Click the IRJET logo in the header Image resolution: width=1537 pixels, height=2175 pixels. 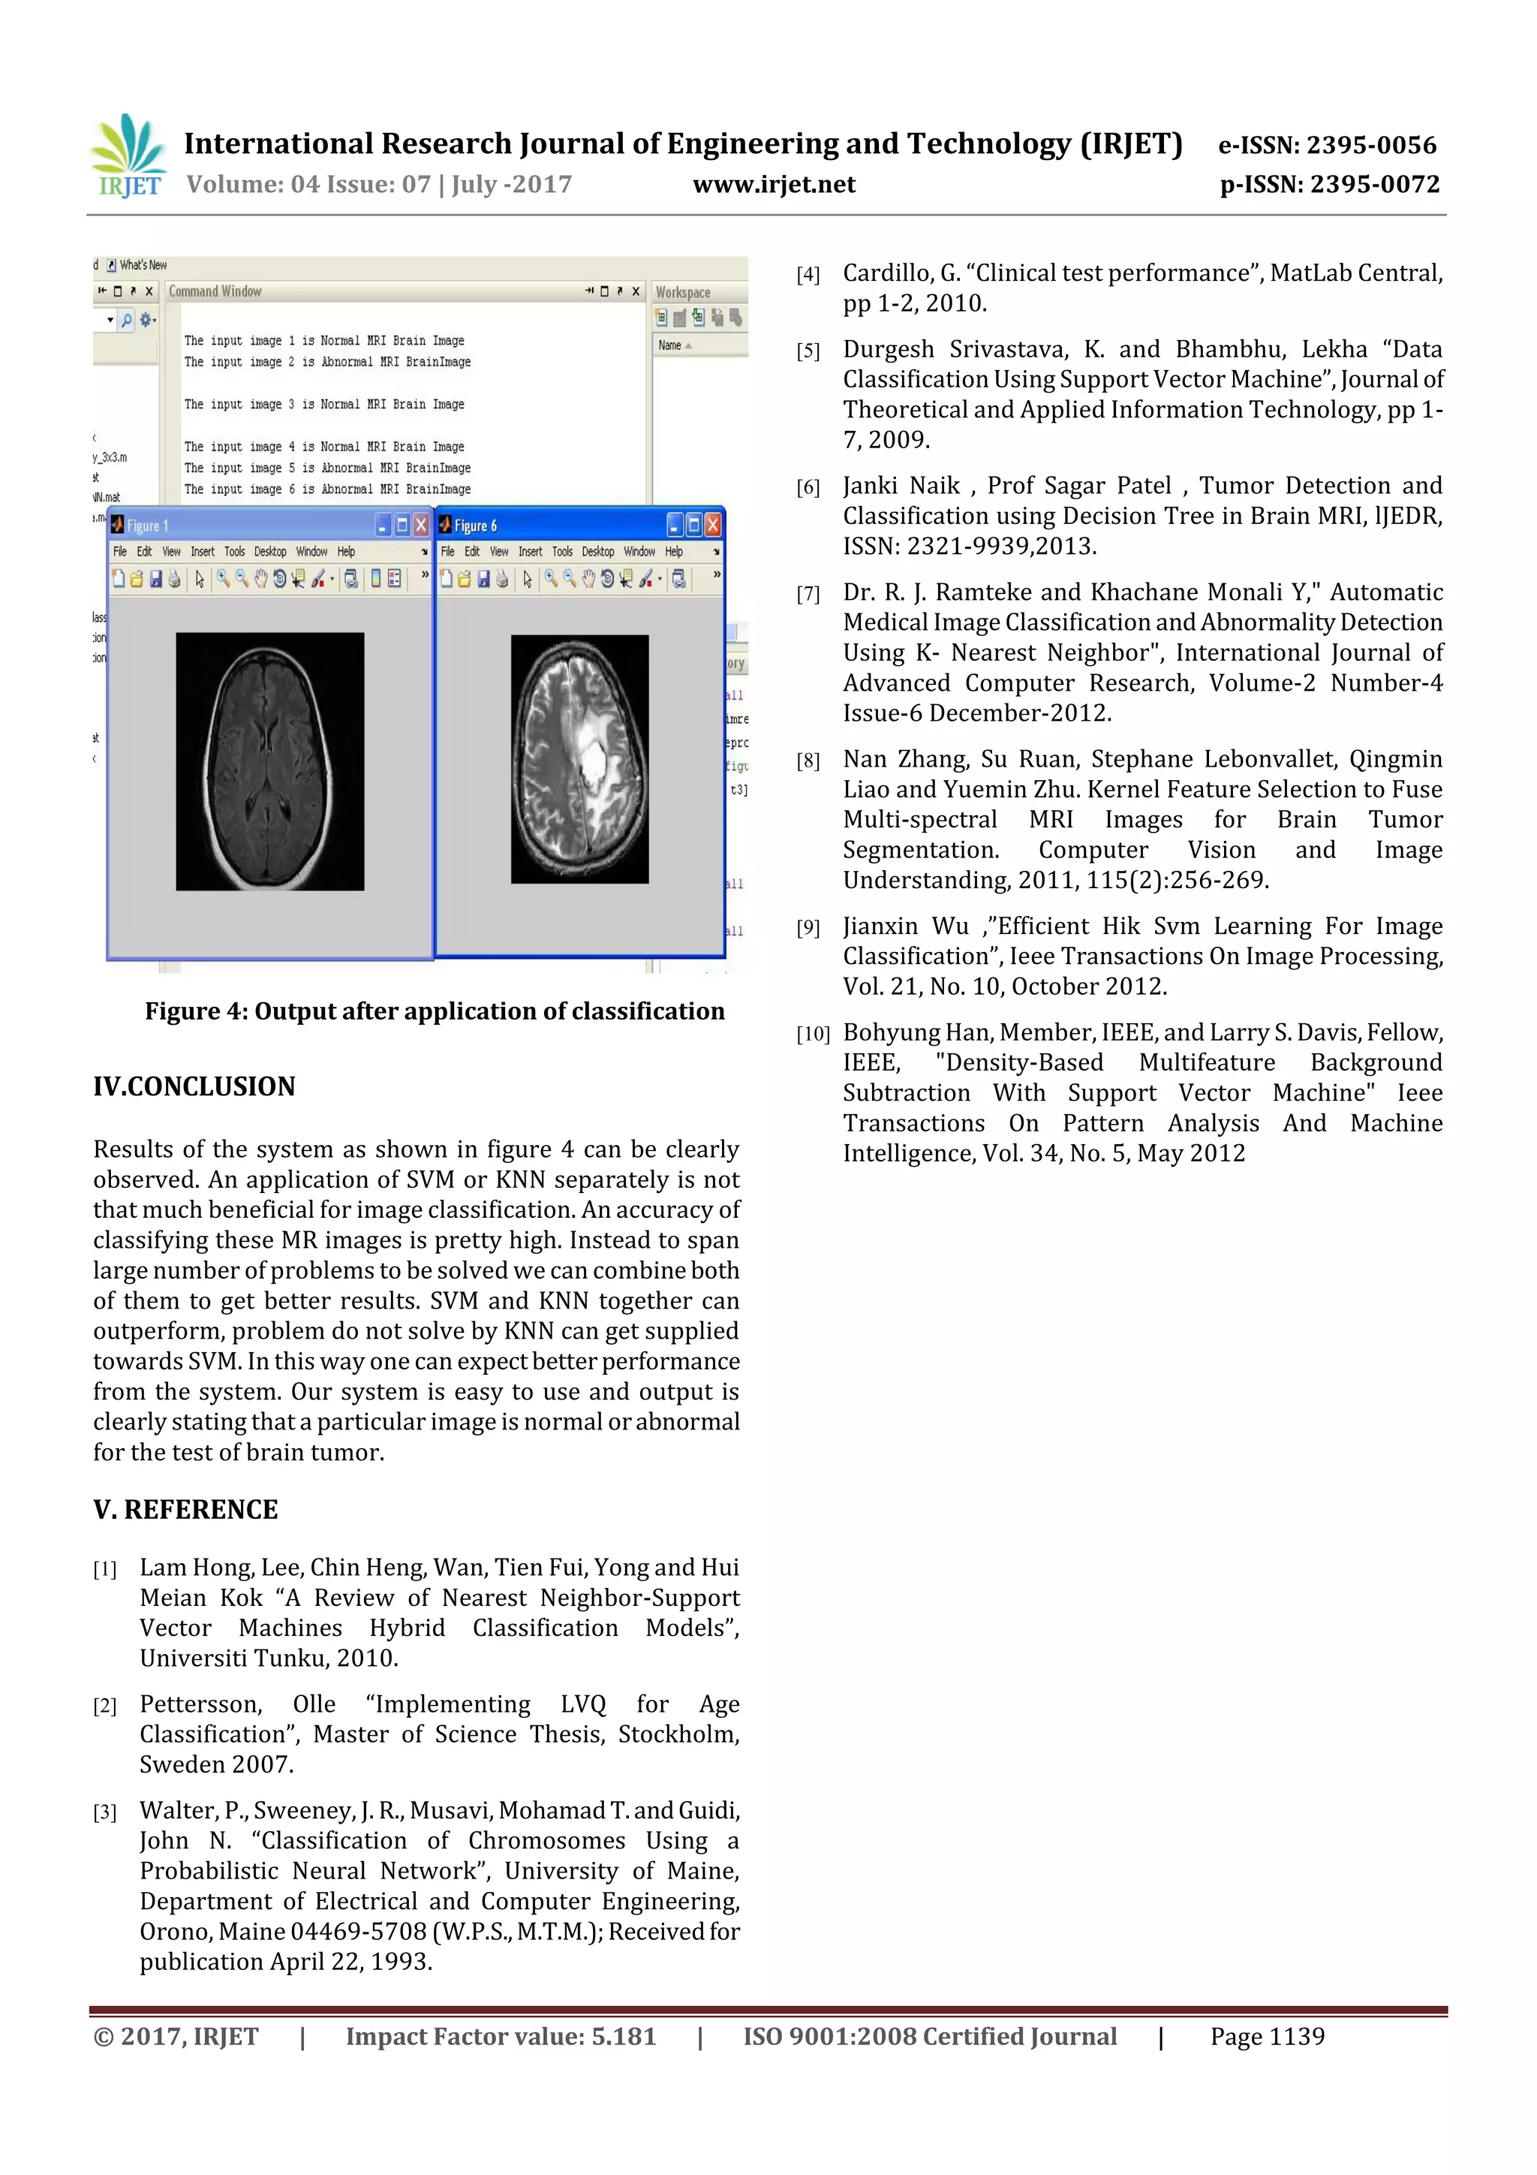[x=129, y=156]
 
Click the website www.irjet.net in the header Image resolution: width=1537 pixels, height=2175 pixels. [x=774, y=185]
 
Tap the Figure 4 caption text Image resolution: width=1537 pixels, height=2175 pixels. [x=435, y=1012]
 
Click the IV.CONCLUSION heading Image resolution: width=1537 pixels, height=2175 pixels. [x=194, y=1086]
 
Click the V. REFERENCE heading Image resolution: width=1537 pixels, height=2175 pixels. [x=185, y=1510]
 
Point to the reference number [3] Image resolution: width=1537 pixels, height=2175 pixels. [x=104, y=1813]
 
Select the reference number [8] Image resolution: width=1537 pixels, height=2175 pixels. [x=808, y=761]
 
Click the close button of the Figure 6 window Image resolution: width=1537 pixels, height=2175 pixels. [x=713, y=525]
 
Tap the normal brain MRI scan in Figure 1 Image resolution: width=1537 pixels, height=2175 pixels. [x=270, y=761]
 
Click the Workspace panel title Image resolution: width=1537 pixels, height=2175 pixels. [x=683, y=293]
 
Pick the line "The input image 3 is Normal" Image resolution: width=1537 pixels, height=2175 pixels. [x=324, y=405]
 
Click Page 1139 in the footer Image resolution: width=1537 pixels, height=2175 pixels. [x=1267, y=2037]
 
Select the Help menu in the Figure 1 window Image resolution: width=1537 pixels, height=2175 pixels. [x=346, y=551]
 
